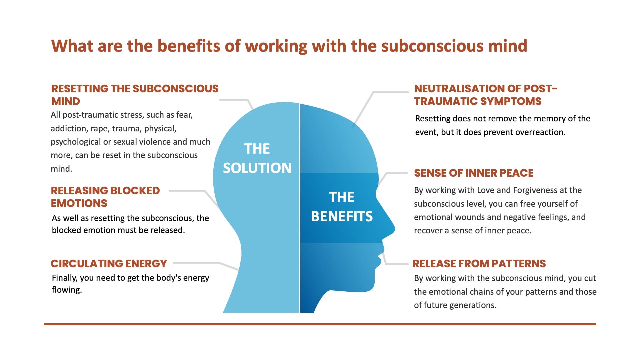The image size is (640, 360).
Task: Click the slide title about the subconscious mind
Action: point(289,46)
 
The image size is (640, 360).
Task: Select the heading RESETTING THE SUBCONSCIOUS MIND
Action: point(135,95)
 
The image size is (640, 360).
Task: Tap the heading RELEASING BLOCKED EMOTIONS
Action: point(105,197)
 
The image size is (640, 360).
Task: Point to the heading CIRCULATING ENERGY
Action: point(109,263)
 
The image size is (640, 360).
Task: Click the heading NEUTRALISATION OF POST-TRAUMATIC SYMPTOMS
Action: point(486,95)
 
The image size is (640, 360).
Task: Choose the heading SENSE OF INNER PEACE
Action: point(474,173)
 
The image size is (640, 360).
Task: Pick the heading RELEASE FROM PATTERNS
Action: point(479,263)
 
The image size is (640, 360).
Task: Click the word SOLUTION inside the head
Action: point(257,168)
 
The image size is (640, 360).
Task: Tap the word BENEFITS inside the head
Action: point(342,216)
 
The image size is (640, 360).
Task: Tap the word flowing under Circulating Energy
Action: point(67,290)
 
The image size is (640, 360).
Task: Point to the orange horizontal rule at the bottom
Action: point(320,324)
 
